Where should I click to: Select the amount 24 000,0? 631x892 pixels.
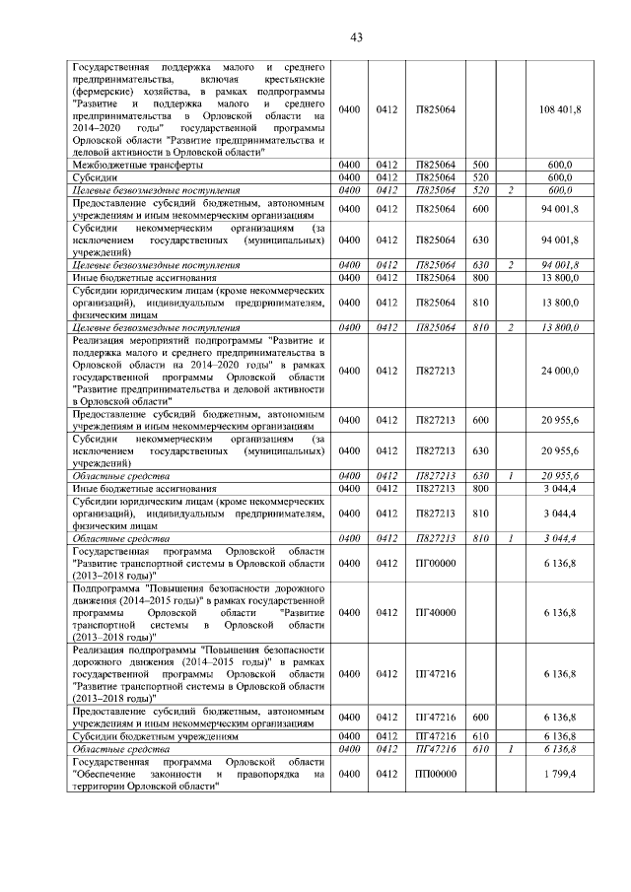(561, 371)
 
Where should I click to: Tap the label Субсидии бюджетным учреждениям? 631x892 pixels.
(156, 736)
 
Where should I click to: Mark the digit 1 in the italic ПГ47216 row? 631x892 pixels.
(511, 749)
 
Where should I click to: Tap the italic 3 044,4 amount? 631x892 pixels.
(561, 538)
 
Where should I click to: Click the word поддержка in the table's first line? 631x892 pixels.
(178, 66)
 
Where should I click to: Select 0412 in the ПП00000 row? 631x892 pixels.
(386, 775)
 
